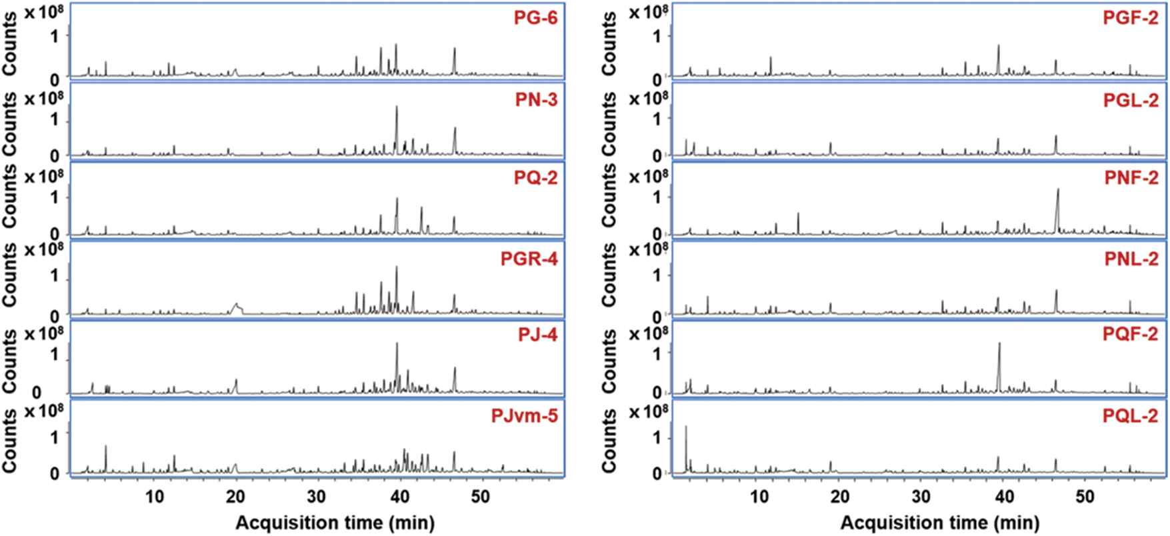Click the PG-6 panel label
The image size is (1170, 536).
pos(535,18)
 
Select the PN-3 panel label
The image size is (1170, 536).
pos(536,100)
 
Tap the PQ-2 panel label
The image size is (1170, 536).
pos(536,178)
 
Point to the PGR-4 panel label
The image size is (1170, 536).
pos(529,258)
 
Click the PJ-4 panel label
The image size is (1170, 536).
pos(537,335)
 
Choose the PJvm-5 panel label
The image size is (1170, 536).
pos(524,416)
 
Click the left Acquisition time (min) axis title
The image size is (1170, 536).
pos(335,522)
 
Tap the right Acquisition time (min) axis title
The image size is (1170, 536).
pos(939,522)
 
